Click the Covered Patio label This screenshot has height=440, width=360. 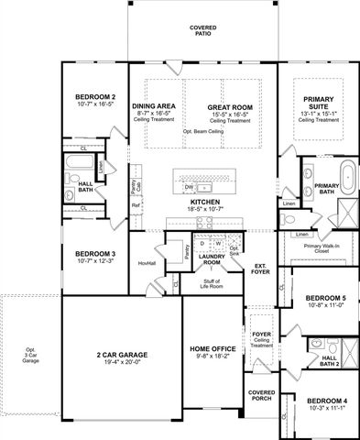click(x=202, y=31)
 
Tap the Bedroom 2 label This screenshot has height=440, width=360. click(x=94, y=97)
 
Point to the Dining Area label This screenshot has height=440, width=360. click(x=154, y=106)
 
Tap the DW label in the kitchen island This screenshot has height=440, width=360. click(x=189, y=186)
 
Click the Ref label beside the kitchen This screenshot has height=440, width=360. click(x=136, y=205)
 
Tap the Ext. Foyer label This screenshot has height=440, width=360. click(x=261, y=268)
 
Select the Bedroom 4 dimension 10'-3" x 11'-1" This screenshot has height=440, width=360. click(x=325, y=409)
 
